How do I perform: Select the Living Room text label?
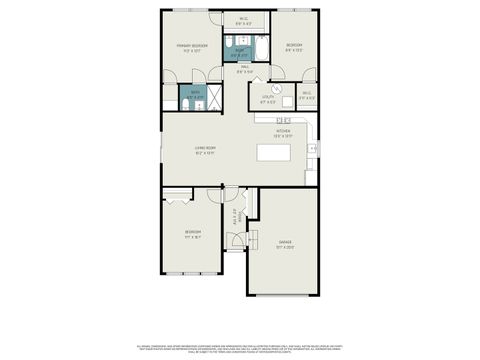pos(206,151)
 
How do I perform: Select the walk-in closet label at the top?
pos(244,19)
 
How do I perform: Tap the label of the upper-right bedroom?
pos(294,45)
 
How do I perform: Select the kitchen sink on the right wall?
pos(312,149)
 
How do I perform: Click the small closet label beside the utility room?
pos(306,97)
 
